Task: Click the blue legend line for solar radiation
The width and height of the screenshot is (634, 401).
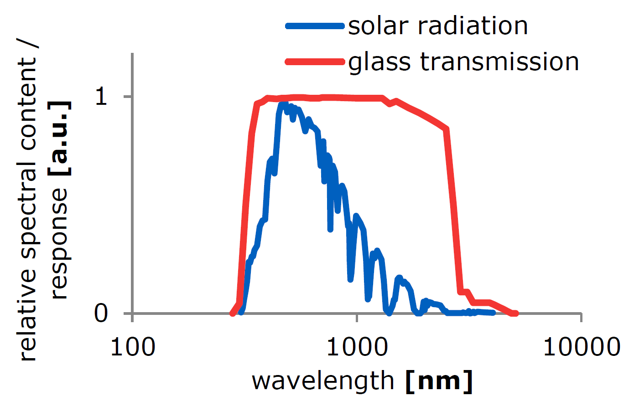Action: pos(315,26)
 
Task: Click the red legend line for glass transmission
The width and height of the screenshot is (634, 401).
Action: pos(315,62)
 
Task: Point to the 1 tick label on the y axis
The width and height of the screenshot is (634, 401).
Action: pos(101,97)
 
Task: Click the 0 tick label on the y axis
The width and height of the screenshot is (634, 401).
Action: pos(101,314)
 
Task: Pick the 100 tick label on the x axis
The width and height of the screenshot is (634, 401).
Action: pos(133,347)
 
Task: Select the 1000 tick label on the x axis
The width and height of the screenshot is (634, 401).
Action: pos(356,347)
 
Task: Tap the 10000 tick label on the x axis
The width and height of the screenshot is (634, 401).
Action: pos(581,347)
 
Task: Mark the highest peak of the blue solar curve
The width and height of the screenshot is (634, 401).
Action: pos(283,105)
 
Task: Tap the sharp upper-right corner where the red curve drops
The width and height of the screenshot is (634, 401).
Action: pos(447,129)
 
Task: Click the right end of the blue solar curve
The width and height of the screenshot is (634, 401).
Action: pos(493,313)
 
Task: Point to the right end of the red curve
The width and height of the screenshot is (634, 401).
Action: pos(515,314)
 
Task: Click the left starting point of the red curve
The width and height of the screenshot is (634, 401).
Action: pos(232,314)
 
